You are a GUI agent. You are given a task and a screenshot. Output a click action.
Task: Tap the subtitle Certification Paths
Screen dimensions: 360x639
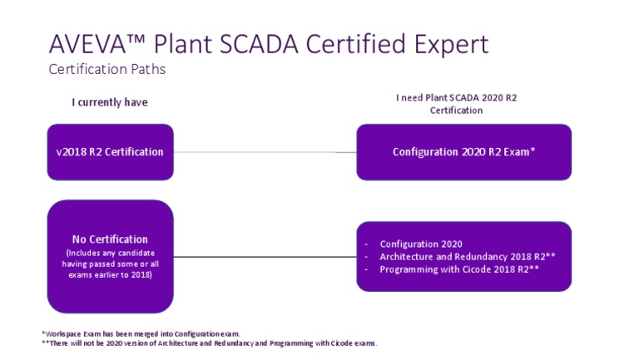pyautogui.click(x=107, y=69)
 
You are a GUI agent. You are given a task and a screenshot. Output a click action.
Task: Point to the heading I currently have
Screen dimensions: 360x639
pyautogui.click(x=110, y=102)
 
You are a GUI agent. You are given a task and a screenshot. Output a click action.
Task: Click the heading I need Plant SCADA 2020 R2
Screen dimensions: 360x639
pyautogui.click(x=456, y=98)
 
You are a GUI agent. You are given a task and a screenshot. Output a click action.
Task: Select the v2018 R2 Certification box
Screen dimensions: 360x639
pyautogui.click(x=110, y=152)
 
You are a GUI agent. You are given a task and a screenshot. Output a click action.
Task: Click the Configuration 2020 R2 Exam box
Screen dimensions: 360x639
pyautogui.click(x=463, y=152)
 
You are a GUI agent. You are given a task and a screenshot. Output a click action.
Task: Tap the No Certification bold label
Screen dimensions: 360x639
pyautogui.click(x=110, y=239)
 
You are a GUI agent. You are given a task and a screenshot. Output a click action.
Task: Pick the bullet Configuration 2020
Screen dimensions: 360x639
pyautogui.click(x=420, y=244)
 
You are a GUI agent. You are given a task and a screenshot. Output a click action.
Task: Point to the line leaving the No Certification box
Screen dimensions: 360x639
pyautogui.click(x=265, y=257)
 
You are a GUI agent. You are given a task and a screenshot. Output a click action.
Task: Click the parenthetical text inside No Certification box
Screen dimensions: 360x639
pyautogui.click(x=110, y=264)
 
